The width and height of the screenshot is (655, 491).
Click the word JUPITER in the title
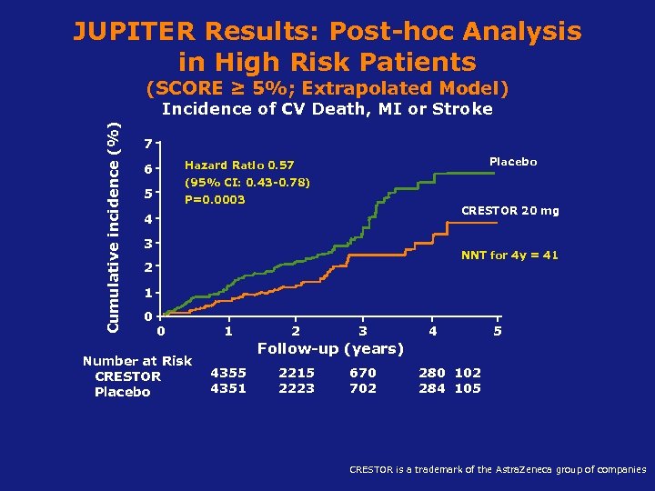(x=135, y=32)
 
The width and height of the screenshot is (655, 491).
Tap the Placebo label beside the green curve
(x=513, y=162)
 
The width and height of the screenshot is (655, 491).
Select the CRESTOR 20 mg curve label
(x=510, y=211)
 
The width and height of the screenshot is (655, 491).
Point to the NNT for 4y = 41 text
(x=509, y=256)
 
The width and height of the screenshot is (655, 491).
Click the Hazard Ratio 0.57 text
(x=239, y=165)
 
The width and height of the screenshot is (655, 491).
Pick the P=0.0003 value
(x=215, y=199)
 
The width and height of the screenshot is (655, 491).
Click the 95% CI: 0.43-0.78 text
(x=247, y=182)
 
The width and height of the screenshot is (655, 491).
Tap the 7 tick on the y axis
(x=148, y=145)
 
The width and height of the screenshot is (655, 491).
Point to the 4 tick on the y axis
(x=148, y=219)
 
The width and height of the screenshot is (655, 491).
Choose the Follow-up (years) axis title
(x=330, y=348)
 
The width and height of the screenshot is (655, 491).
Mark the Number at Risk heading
(x=137, y=361)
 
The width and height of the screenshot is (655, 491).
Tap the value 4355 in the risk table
(x=227, y=373)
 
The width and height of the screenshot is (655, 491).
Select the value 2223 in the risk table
(x=297, y=388)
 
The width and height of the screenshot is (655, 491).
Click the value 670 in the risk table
(x=363, y=373)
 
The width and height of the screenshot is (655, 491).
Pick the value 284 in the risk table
(x=432, y=388)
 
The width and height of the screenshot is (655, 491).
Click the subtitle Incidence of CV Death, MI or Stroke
(x=327, y=109)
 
